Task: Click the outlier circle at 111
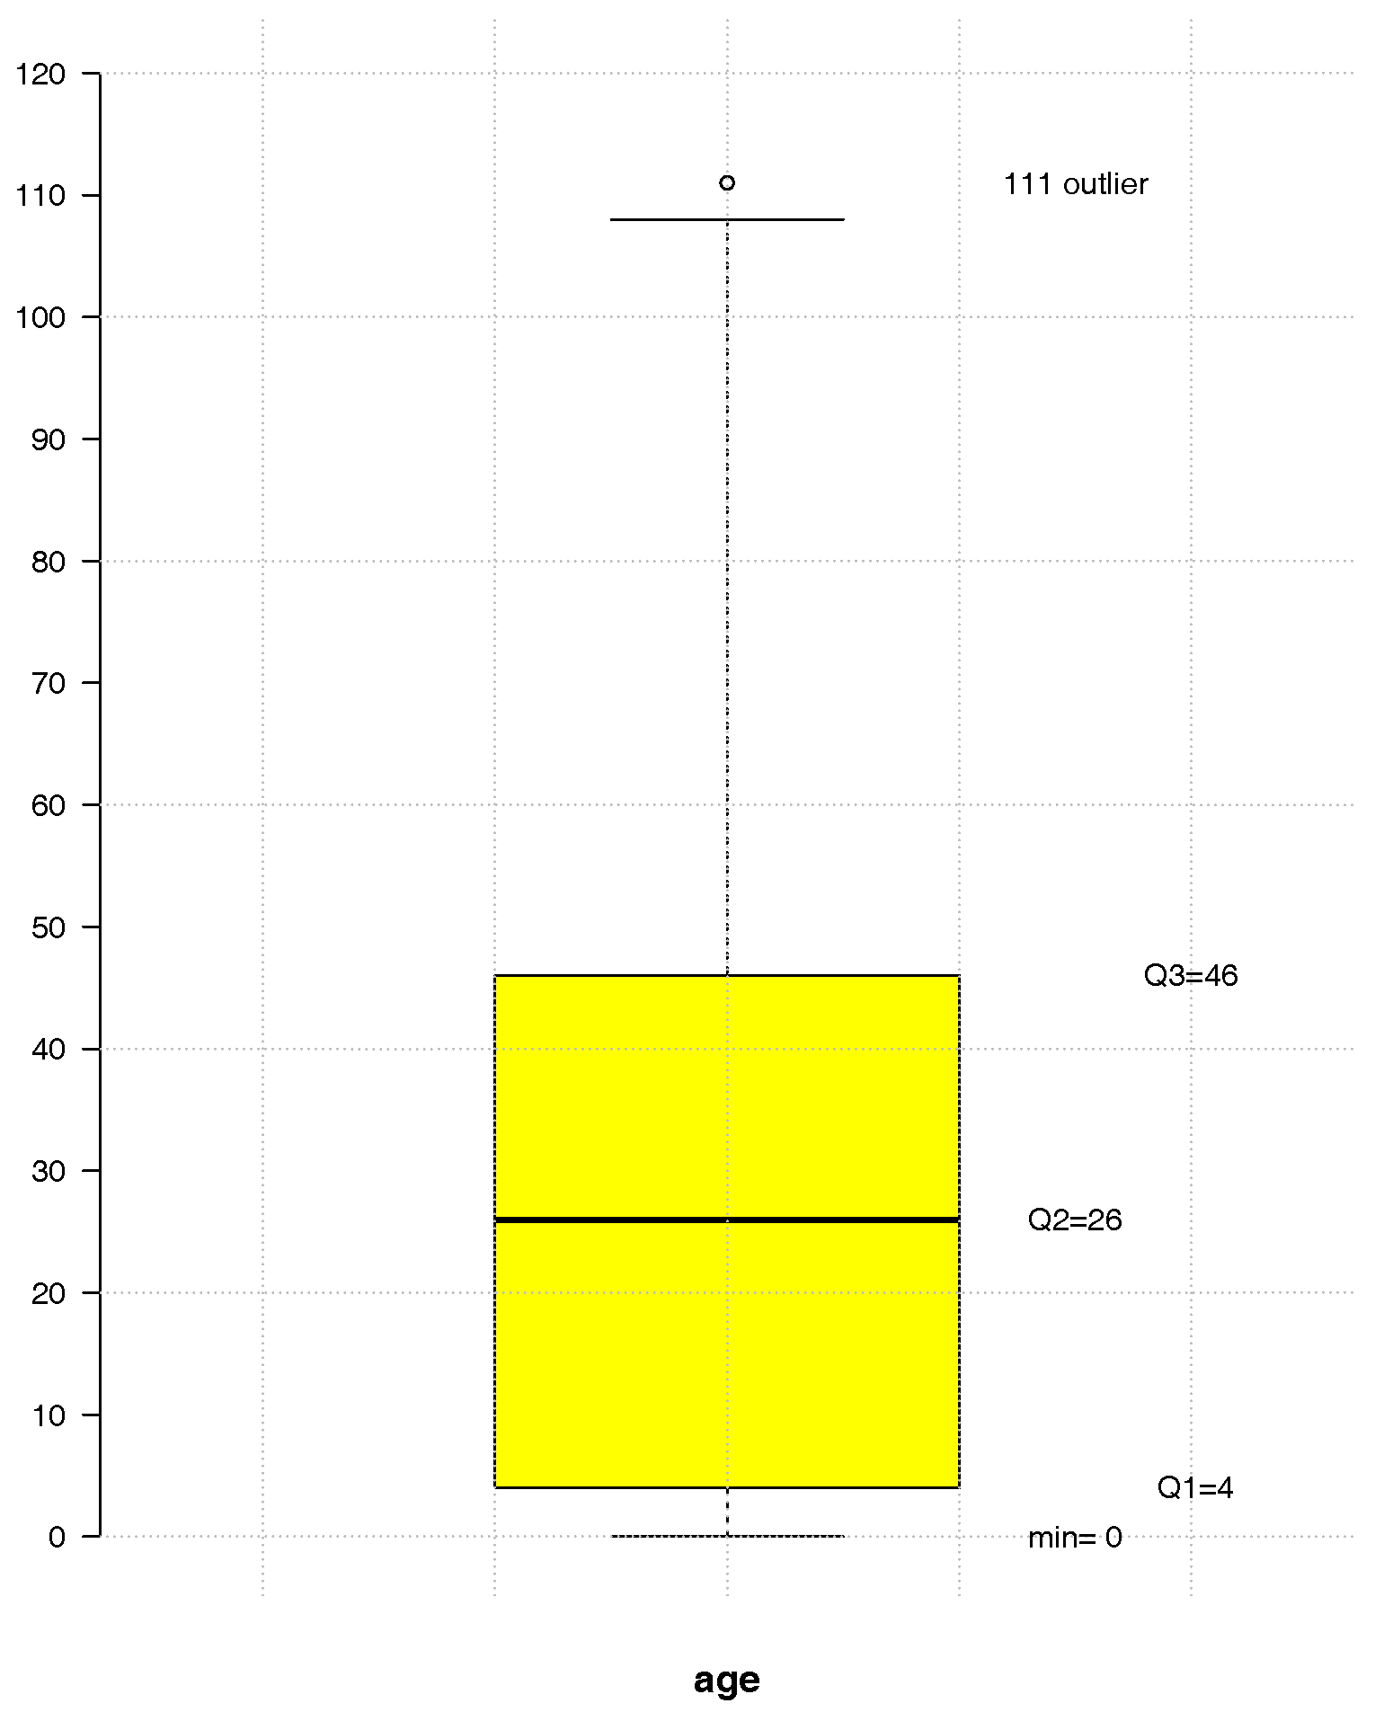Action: click(x=727, y=183)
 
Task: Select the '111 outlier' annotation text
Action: click(x=1075, y=184)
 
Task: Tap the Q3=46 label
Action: click(x=1190, y=975)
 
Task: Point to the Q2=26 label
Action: click(x=1075, y=1220)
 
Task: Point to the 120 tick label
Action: click(x=40, y=74)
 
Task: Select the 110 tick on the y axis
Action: click(x=40, y=196)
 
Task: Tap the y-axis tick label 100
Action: click(x=40, y=317)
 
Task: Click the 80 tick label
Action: click(x=49, y=562)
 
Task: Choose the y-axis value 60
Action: click(x=49, y=805)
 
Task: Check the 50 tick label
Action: click(x=49, y=927)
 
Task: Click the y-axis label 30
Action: click(x=49, y=1171)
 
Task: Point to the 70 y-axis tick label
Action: click(x=49, y=683)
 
